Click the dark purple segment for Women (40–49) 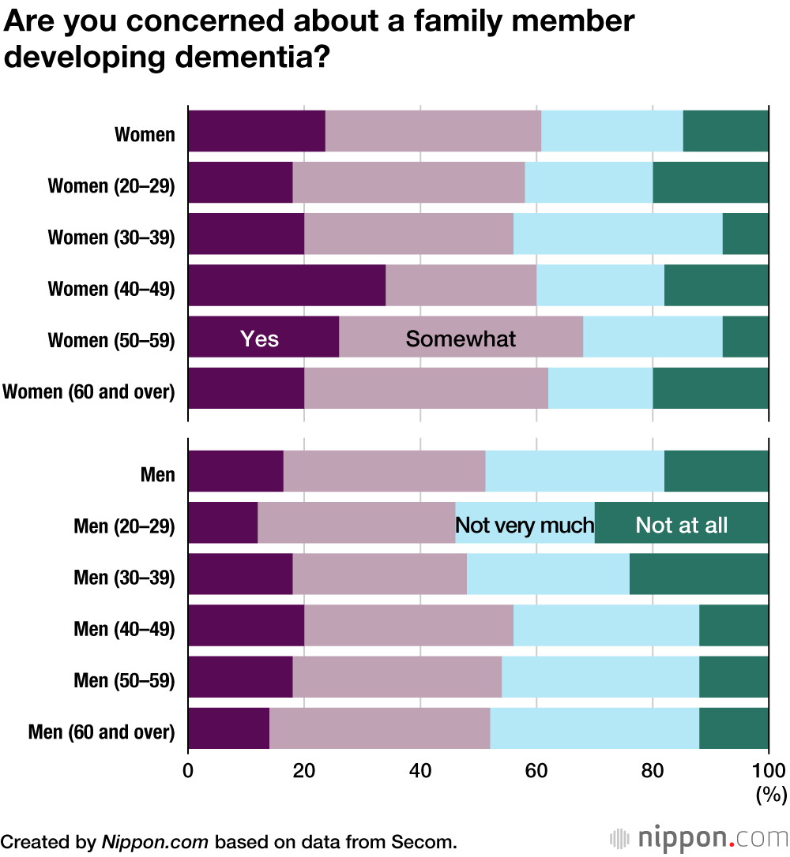coord(287,285)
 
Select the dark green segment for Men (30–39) coord(698,574)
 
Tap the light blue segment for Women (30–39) coord(618,234)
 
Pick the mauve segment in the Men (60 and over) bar coord(379,728)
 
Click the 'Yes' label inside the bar coord(260,339)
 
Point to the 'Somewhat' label coord(461,339)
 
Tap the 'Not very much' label coord(525,525)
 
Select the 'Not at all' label coord(681,525)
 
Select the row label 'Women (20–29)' coord(111,186)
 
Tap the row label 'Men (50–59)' coord(124,680)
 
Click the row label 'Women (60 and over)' coord(88,391)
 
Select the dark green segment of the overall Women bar coord(725,131)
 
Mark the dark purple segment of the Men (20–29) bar coord(223,522)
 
